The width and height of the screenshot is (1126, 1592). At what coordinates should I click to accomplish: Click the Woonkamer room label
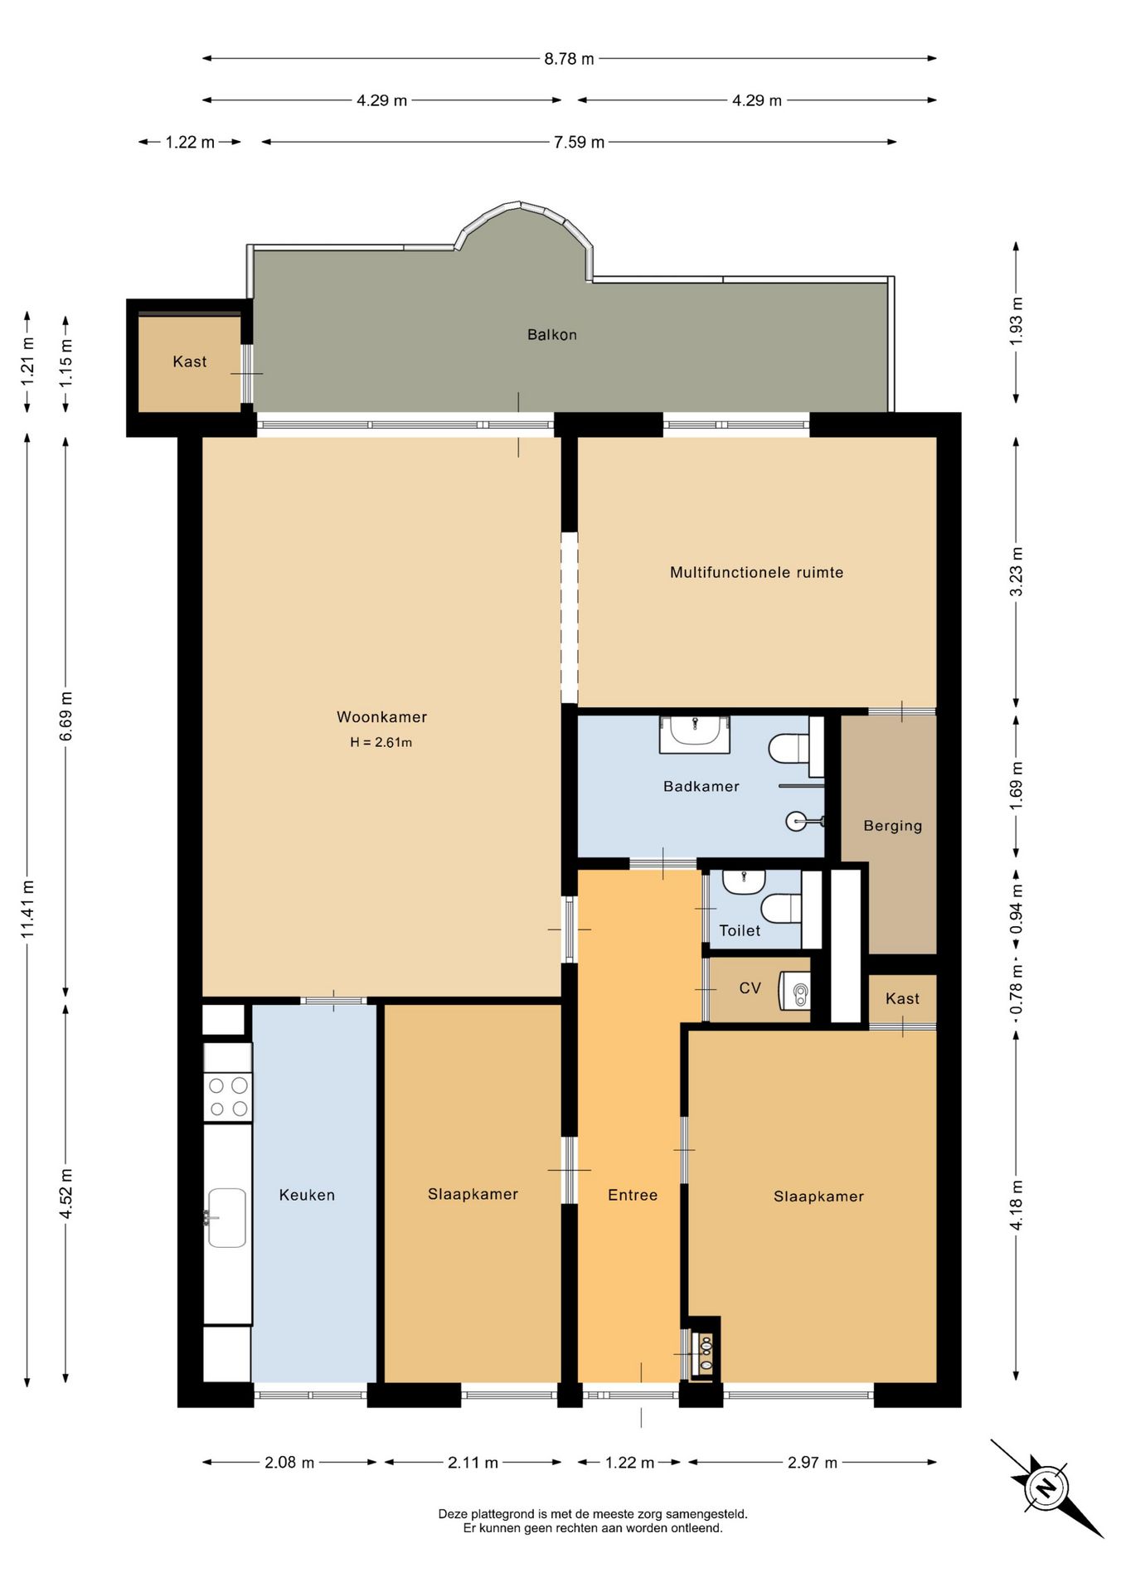381,717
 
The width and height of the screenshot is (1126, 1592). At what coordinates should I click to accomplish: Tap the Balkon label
552,335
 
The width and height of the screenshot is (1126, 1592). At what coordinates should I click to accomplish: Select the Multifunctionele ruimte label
756,572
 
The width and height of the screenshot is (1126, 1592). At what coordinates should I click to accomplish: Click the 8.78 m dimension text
569,59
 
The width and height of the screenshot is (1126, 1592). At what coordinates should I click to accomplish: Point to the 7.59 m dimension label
579,142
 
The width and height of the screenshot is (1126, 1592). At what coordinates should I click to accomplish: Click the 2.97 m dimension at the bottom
813,1463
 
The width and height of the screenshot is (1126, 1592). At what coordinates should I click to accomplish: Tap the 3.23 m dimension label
1017,572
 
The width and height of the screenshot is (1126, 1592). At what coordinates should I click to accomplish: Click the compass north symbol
1046,1487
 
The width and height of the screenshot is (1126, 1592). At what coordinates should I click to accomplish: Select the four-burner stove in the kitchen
228,1097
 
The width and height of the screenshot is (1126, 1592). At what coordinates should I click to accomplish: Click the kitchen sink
226,1218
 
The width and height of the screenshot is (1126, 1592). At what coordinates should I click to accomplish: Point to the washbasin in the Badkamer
695,733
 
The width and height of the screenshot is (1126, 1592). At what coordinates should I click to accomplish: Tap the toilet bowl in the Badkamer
789,748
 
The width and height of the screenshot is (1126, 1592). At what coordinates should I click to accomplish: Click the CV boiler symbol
795,991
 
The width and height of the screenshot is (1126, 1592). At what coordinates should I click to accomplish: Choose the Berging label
893,826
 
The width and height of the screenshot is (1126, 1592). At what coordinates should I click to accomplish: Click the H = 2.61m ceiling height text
381,742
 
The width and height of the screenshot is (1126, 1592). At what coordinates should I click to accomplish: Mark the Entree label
633,1195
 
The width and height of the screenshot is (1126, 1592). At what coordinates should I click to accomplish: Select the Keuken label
307,1195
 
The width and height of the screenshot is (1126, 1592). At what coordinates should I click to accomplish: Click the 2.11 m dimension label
473,1463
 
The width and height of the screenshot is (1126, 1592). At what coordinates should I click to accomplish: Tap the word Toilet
740,930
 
